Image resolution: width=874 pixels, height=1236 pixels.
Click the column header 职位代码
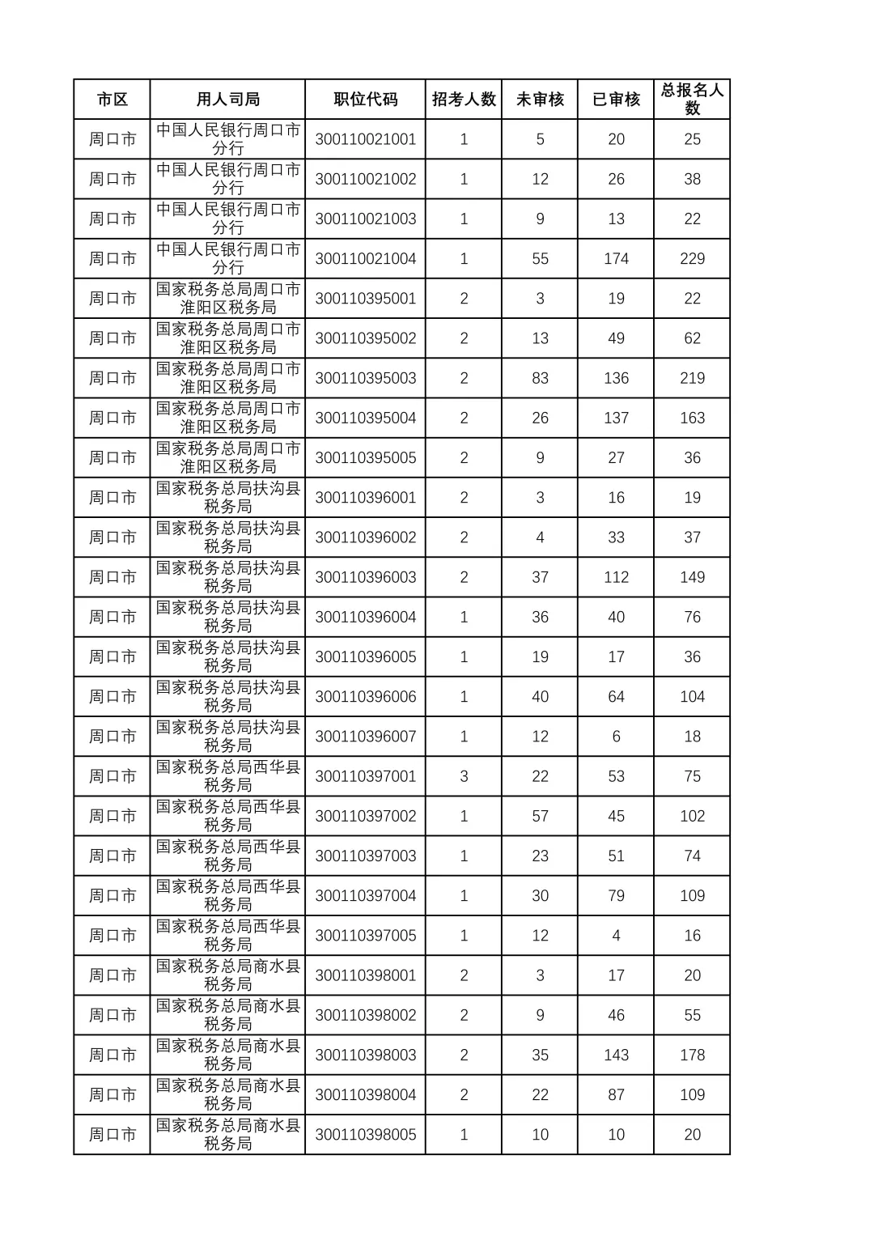pyautogui.click(x=366, y=100)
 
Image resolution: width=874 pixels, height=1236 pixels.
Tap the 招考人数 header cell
pyautogui.click(x=464, y=100)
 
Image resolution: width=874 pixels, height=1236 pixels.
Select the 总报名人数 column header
pyautogui.click(x=692, y=100)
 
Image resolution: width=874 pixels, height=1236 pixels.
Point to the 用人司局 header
pyautogui.click(x=227, y=100)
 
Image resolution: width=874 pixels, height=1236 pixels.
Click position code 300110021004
pyautogui.click(x=366, y=259)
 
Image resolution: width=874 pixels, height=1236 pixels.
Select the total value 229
pyautogui.click(x=692, y=259)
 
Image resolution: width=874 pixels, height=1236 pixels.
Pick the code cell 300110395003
pyautogui.click(x=366, y=378)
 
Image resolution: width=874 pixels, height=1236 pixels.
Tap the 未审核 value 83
pyautogui.click(x=540, y=378)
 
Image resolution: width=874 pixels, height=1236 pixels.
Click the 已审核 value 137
pyautogui.click(x=616, y=418)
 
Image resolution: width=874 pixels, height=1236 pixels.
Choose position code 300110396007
pyautogui.click(x=366, y=737)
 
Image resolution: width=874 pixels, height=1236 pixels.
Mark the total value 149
pyautogui.click(x=692, y=577)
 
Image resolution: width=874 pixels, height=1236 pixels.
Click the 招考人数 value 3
pyautogui.click(x=464, y=776)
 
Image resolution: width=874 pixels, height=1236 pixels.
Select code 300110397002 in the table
pyautogui.click(x=366, y=816)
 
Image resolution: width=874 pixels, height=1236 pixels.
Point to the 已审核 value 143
pyautogui.click(x=616, y=1055)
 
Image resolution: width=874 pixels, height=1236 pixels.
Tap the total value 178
pyautogui.click(x=692, y=1055)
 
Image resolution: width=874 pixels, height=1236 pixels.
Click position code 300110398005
pyautogui.click(x=366, y=1135)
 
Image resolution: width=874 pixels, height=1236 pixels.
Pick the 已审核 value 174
pyautogui.click(x=616, y=259)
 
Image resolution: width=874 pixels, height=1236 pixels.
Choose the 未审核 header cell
pyautogui.click(x=540, y=100)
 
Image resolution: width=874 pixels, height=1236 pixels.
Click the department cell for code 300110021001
pyautogui.click(x=227, y=139)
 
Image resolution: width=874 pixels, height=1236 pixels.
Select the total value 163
pyautogui.click(x=692, y=418)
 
